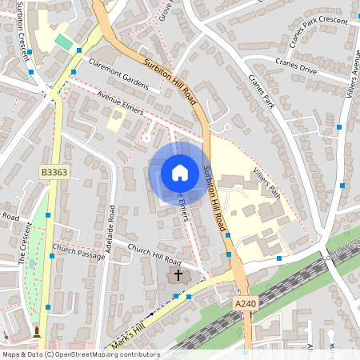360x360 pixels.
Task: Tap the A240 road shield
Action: click(246, 304)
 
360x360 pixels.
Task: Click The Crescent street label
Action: click(23, 247)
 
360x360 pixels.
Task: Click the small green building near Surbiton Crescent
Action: click(62, 41)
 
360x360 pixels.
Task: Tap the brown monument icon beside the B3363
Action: click(36, 331)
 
